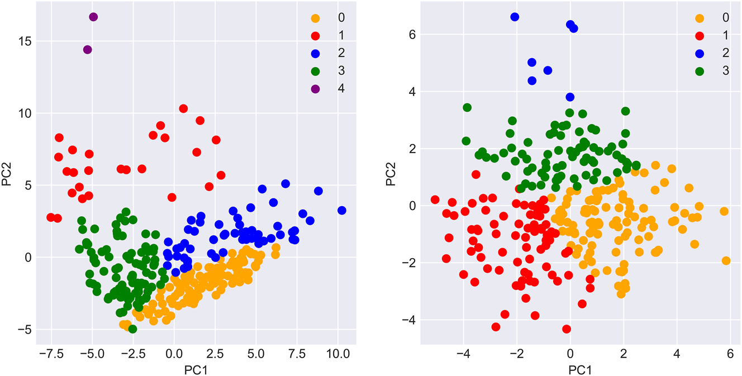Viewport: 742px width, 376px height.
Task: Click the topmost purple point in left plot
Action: tap(93, 17)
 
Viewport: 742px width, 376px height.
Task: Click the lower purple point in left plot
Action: tap(87, 50)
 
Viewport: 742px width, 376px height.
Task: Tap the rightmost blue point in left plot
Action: tap(342, 210)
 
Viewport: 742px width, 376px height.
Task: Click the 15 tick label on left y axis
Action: tap(22, 42)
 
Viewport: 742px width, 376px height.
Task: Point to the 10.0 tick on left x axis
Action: tap(337, 354)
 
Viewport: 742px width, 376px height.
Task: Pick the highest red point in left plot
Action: tap(183, 108)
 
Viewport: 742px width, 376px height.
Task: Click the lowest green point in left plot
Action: tap(132, 329)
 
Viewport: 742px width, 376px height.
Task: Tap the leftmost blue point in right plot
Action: tap(515, 17)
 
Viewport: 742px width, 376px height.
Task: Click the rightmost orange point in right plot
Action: tap(726, 260)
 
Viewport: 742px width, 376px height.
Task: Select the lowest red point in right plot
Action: tap(567, 329)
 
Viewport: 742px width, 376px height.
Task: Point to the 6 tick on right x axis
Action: tap(730, 354)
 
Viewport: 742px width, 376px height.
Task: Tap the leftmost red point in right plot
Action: tap(435, 199)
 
